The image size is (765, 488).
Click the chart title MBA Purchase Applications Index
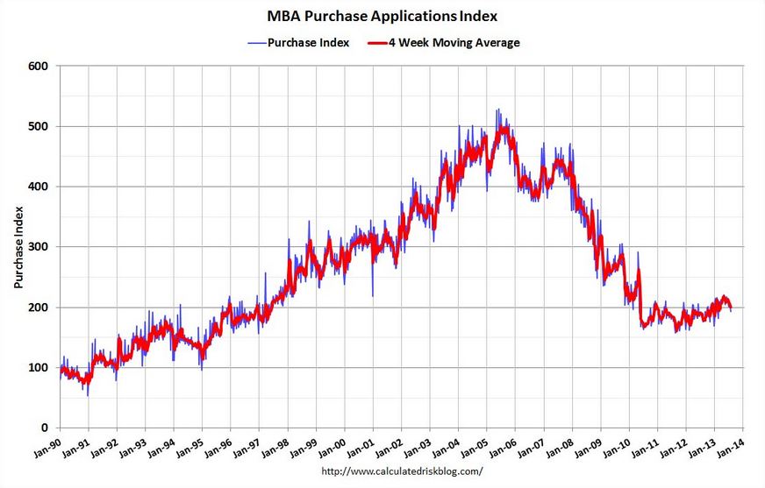(x=382, y=16)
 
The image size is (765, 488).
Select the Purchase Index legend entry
(x=298, y=43)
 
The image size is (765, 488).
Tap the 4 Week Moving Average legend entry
(x=444, y=43)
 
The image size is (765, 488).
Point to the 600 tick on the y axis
(x=39, y=66)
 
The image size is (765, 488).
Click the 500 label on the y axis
(x=39, y=126)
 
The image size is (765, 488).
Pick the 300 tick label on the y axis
(x=39, y=247)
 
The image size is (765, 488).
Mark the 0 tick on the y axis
(x=45, y=428)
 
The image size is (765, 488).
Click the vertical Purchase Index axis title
(x=18, y=247)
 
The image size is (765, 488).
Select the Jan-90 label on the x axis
(x=47, y=447)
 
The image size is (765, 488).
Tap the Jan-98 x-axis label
(x=275, y=447)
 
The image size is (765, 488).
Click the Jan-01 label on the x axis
(x=361, y=447)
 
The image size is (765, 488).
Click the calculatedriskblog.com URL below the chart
(x=403, y=471)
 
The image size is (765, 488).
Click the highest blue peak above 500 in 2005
(x=497, y=110)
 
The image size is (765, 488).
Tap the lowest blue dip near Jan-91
(x=88, y=395)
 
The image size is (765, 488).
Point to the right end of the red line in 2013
(x=731, y=308)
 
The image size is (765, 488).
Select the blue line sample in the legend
(x=257, y=43)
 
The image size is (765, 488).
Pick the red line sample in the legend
(x=377, y=43)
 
